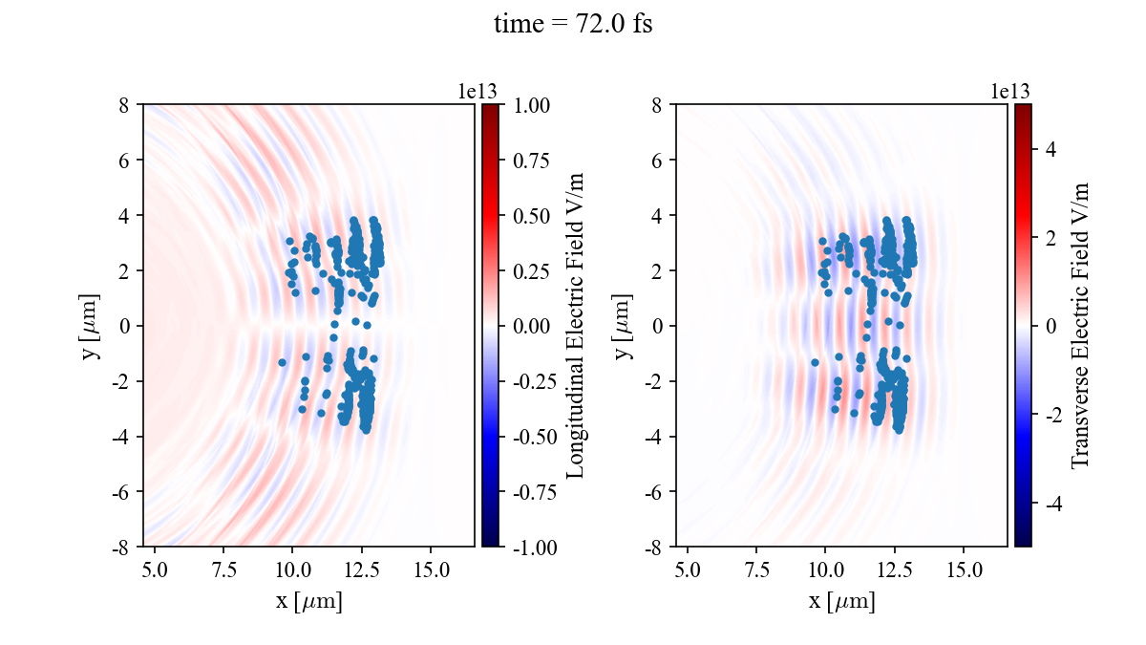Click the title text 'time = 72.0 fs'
(x=573, y=25)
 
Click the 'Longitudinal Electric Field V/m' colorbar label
(x=576, y=325)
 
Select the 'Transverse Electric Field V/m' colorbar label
(x=1080, y=325)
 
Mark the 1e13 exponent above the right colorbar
(x=1011, y=91)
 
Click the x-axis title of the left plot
(x=308, y=601)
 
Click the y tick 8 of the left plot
(x=124, y=104)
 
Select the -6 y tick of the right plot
(x=654, y=491)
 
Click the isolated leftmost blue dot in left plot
(x=282, y=362)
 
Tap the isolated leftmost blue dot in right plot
(x=815, y=362)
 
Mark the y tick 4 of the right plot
(x=657, y=215)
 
